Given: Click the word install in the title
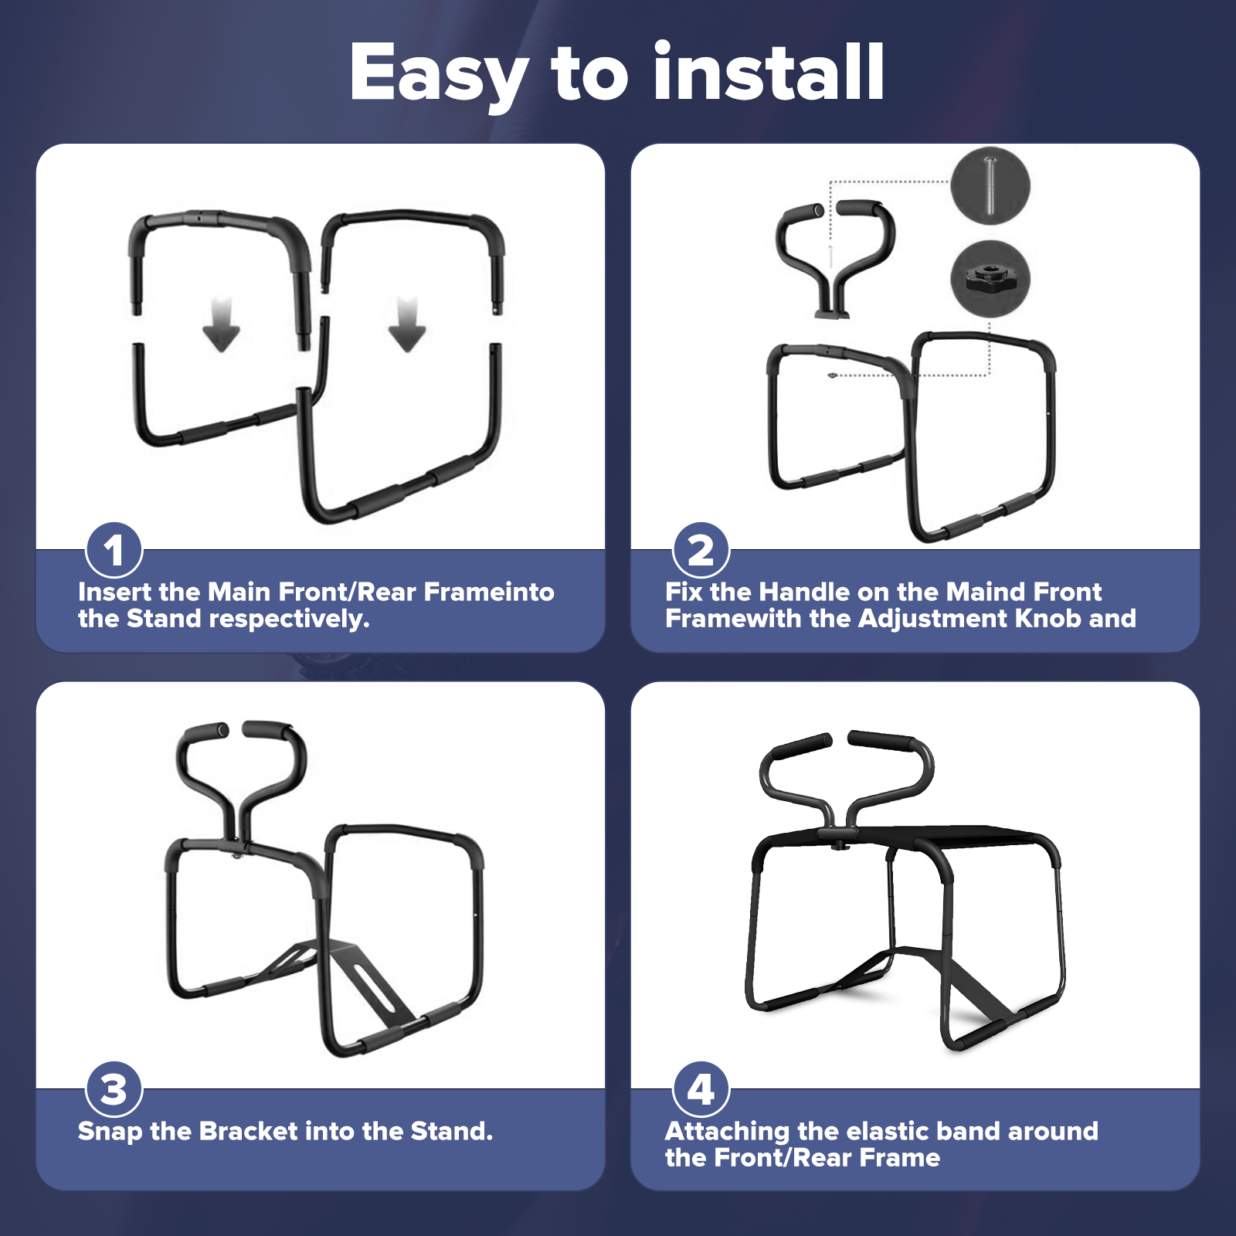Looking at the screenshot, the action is [769, 71].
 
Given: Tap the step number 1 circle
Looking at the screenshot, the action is [114, 550].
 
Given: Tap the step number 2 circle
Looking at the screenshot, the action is [701, 550].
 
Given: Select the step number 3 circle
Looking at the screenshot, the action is [114, 1089].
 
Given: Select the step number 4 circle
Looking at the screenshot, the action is [701, 1089].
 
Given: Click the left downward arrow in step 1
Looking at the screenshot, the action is [222, 324].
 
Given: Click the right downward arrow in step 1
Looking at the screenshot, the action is [407, 324].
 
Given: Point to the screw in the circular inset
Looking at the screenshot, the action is [990, 186].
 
